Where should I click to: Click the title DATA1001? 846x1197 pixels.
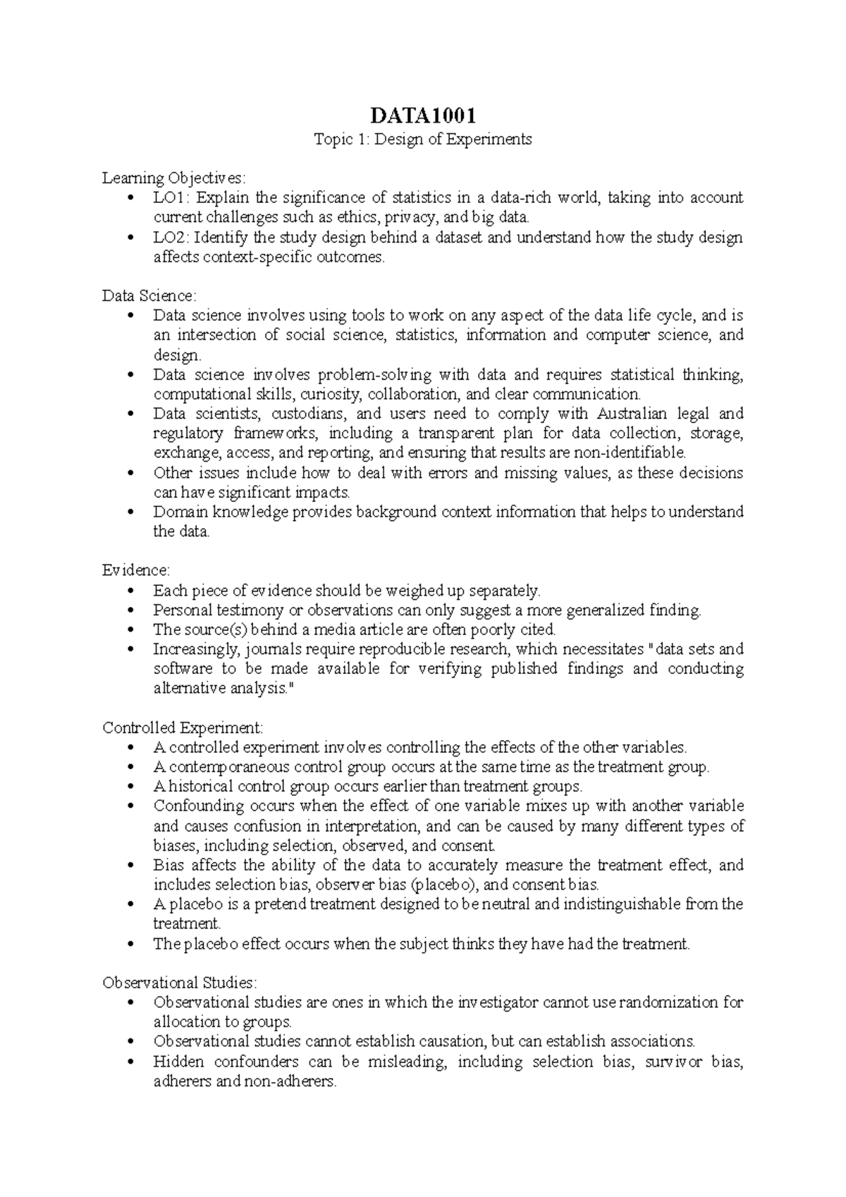coord(422,116)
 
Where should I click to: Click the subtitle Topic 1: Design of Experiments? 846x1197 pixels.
coord(422,139)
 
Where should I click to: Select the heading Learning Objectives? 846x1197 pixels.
coord(174,178)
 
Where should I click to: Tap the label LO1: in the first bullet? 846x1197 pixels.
coord(171,197)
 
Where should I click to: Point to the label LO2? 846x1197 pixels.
coord(171,237)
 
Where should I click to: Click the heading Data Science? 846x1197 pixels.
coord(149,295)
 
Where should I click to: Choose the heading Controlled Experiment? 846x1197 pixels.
coord(183,727)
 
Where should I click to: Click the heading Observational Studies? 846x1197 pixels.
coord(180,982)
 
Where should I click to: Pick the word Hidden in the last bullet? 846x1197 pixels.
coord(178,1062)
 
